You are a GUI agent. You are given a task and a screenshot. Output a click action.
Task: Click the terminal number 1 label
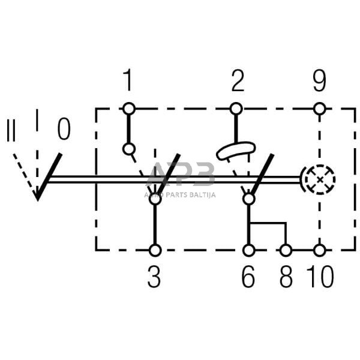(128, 80)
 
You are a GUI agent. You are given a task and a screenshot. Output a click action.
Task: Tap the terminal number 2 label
(238, 81)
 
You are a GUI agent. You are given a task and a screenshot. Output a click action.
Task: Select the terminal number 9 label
(320, 80)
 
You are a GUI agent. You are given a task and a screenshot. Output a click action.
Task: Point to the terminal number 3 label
(155, 279)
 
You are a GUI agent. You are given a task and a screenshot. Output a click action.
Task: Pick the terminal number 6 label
(248, 279)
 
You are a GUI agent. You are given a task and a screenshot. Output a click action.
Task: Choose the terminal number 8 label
(286, 279)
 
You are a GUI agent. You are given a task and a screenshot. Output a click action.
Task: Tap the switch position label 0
(64, 128)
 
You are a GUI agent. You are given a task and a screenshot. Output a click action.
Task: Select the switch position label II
(11, 130)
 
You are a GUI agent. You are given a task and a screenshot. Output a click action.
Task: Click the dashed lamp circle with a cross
(318, 178)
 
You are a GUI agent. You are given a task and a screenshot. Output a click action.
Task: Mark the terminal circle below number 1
(128, 109)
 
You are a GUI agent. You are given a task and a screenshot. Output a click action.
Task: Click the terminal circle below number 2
(236, 109)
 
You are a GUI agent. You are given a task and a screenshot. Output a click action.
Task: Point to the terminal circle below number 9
(320, 109)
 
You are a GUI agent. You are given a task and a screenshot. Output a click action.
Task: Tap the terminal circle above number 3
(155, 250)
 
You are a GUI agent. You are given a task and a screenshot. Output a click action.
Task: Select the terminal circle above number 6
(248, 250)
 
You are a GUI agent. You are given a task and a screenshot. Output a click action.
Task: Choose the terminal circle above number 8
(286, 250)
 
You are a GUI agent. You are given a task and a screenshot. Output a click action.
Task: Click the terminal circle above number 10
(320, 250)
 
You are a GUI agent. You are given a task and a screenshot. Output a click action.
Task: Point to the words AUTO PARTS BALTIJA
(180, 194)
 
